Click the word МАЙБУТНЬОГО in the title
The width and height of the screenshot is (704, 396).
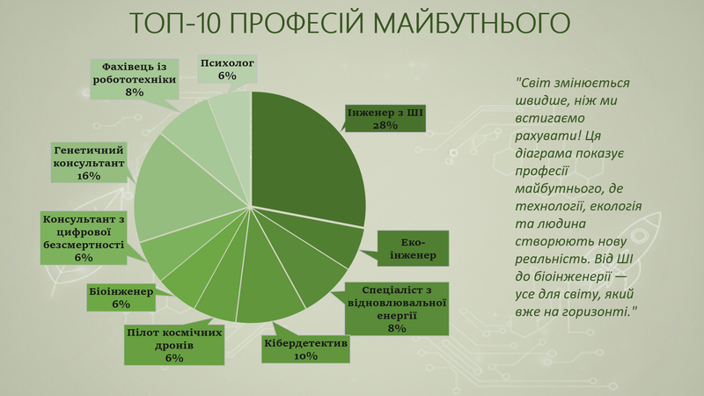[472, 23]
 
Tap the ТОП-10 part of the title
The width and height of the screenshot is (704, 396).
[175, 24]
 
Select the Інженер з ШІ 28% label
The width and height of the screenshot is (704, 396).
[385, 119]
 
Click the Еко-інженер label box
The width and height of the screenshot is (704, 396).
[413, 249]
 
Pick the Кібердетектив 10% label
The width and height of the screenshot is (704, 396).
[305, 349]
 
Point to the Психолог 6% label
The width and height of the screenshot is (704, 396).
[227, 70]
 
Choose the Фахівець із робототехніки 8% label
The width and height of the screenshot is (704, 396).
[135, 79]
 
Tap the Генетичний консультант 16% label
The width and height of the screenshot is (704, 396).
[89, 163]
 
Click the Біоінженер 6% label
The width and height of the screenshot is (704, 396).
[121, 297]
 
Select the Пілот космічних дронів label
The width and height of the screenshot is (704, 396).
[174, 345]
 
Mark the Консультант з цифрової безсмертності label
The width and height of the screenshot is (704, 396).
[84, 238]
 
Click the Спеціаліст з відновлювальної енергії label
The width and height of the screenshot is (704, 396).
[397, 309]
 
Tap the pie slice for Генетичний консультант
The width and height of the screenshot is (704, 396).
[184, 188]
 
